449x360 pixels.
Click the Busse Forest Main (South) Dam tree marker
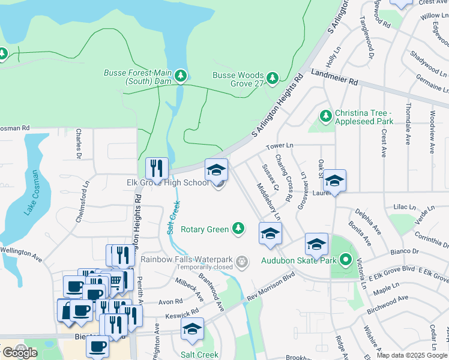tap(180, 76)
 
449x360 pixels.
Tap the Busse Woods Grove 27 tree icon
tap(273, 78)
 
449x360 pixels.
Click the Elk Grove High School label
tap(167, 182)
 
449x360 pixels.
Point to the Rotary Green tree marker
tap(239, 228)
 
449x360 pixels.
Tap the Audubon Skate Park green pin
tap(345, 260)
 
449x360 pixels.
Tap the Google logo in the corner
tap(19, 353)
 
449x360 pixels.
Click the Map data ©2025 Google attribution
tap(412, 355)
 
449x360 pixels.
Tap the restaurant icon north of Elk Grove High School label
tap(157, 168)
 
